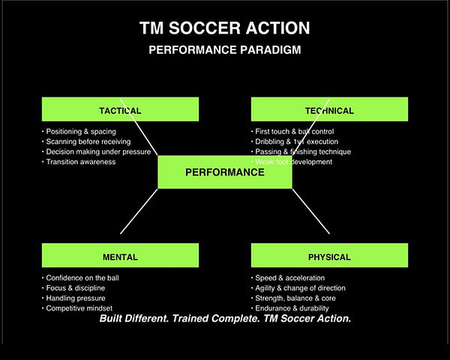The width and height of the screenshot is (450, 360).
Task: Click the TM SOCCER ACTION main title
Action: click(224, 28)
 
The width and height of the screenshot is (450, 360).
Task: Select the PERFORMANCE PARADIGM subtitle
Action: click(224, 51)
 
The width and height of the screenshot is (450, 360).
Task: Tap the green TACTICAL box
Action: click(120, 109)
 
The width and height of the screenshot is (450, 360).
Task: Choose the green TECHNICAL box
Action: click(329, 109)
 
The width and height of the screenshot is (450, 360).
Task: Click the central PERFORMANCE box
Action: click(224, 172)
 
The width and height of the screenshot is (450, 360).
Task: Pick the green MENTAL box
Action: click(120, 256)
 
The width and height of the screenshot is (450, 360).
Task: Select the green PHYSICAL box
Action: click(329, 256)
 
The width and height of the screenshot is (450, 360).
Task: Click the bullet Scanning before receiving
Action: click(88, 141)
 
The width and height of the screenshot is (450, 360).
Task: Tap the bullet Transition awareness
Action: click(81, 162)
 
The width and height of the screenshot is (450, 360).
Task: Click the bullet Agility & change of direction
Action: click(300, 288)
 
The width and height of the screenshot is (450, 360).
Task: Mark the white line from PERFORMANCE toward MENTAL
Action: click(139, 211)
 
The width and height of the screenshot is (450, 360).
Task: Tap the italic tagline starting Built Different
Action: click(224, 319)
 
